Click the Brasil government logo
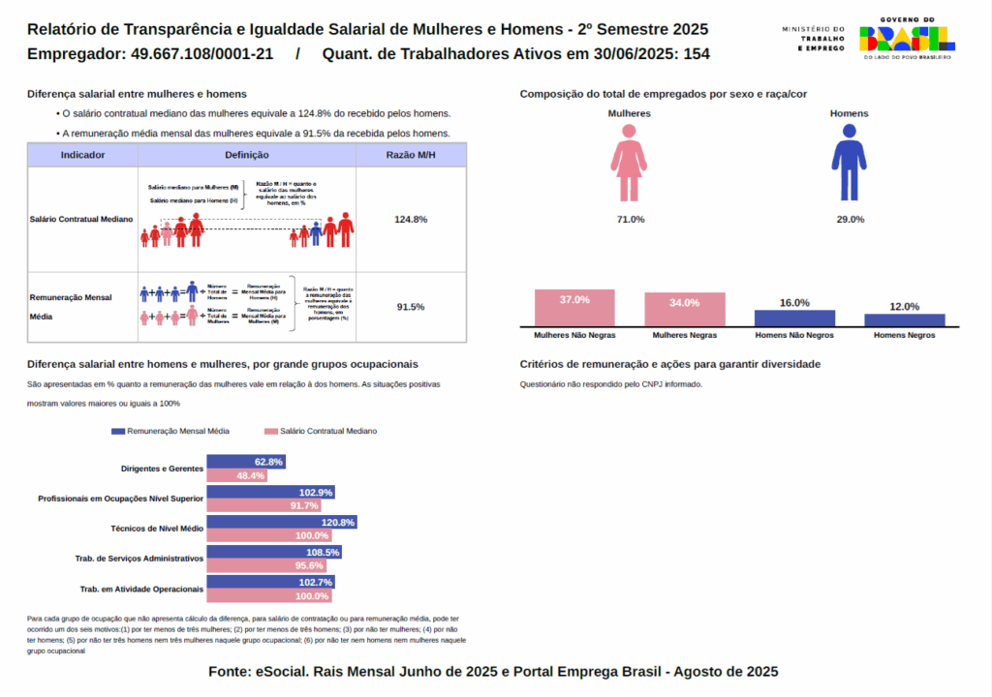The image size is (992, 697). [907, 38]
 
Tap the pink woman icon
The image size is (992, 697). [629, 167]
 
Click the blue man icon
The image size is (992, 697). [850, 167]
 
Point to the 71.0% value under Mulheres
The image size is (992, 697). [630, 220]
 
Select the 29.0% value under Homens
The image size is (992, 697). [850, 220]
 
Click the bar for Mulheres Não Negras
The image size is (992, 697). [574, 308]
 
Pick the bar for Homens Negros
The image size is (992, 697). [904, 319]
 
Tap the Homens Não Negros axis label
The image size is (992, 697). [794, 335]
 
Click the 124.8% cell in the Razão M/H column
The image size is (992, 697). [411, 219]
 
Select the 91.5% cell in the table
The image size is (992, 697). [411, 307]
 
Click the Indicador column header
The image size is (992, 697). [83, 155]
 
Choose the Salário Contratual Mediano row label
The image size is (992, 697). [82, 220]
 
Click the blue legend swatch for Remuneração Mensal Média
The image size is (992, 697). [118, 431]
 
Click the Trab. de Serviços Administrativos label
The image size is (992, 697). [139, 559]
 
